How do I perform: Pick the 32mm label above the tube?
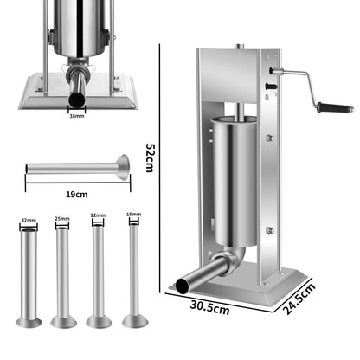(29, 220)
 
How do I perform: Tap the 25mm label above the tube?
(62, 218)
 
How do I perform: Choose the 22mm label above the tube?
(98, 216)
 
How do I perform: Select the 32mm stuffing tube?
(29, 277)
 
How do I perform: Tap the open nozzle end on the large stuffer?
(184, 283)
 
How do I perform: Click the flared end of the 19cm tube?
(123, 167)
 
